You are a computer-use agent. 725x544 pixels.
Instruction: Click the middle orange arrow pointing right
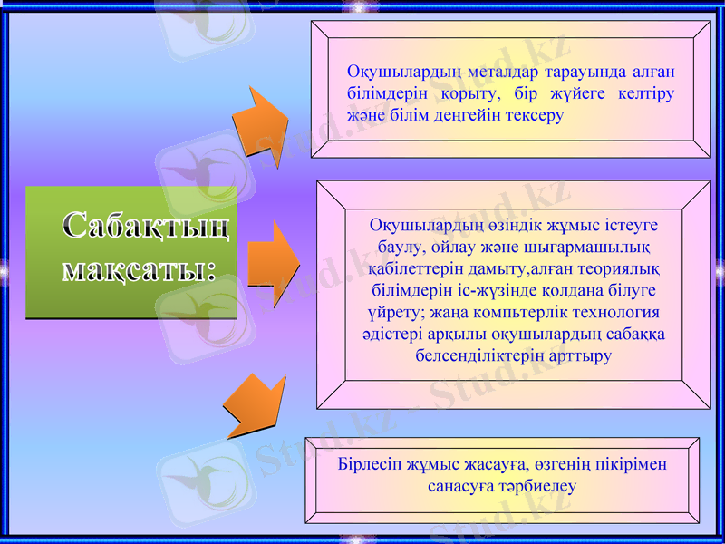click(x=272, y=263)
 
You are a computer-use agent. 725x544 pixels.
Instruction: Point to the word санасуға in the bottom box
click(x=459, y=486)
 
